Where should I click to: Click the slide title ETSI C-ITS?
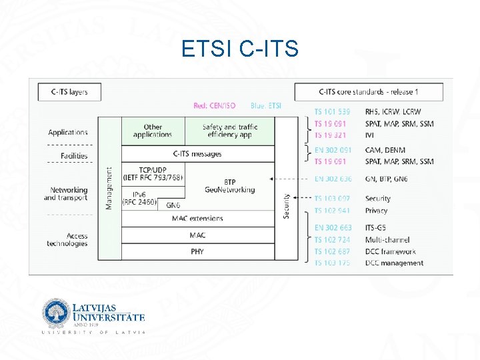click(239, 49)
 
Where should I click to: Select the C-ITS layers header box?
click(69, 91)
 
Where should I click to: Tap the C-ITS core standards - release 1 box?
click(368, 91)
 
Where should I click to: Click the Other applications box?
click(153, 131)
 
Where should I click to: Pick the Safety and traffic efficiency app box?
click(229, 131)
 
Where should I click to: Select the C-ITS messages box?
click(197, 154)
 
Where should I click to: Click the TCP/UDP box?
click(153, 173)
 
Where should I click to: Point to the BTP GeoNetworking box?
click(230, 185)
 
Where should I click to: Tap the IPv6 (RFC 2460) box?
click(139, 197)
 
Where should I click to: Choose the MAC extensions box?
click(197, 219)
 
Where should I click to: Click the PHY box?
click(197, 251)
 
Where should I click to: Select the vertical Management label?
click(109, 189)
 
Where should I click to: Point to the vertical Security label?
click(285, 205)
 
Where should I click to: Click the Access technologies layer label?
click(67, 239)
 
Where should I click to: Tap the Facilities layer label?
click(74, 156)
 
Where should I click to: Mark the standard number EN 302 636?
click(333, 179)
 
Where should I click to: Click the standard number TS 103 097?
click(333, 199)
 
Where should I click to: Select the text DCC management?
click(394, 263)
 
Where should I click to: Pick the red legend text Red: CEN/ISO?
click(214, 105)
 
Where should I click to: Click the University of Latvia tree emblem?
click(55, 313)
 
